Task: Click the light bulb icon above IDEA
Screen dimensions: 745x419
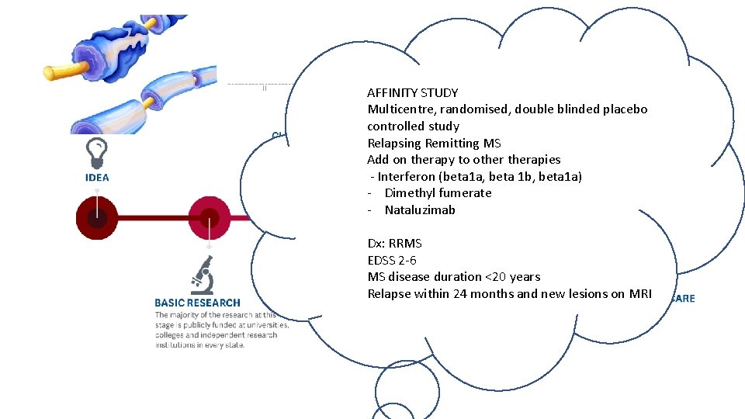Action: pos(97,151)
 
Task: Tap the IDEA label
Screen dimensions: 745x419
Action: pos(97,178)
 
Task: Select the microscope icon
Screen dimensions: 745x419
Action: pos(203,275)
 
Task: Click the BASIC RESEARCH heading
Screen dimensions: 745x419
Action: pos(197,303)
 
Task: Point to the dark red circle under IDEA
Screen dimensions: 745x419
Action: pos(97,218)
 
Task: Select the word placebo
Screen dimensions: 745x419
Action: pos(625,109)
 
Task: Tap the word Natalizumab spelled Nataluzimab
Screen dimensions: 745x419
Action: pos(420,209)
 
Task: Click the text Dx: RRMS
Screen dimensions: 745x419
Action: pos(394,243)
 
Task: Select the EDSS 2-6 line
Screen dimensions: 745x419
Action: pos(392,260)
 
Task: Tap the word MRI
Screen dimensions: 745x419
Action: pos(640,293)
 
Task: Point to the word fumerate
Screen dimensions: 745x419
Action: pos(465,193)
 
